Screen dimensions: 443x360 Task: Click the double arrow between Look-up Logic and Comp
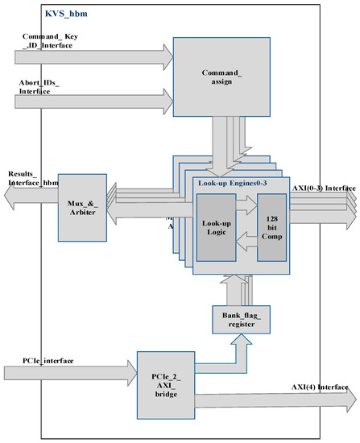246,228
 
